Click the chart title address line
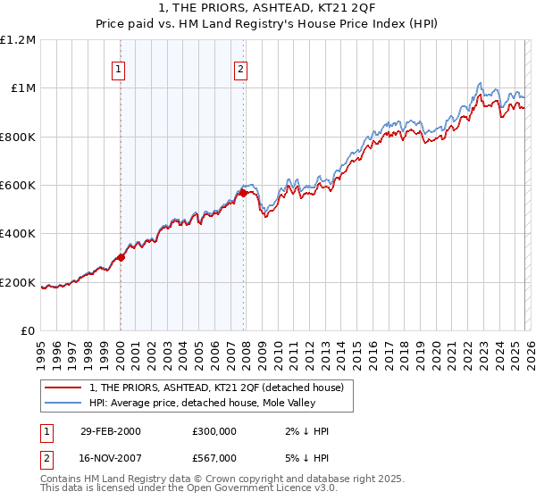click(267, 8)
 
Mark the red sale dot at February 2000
click(121, 258)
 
